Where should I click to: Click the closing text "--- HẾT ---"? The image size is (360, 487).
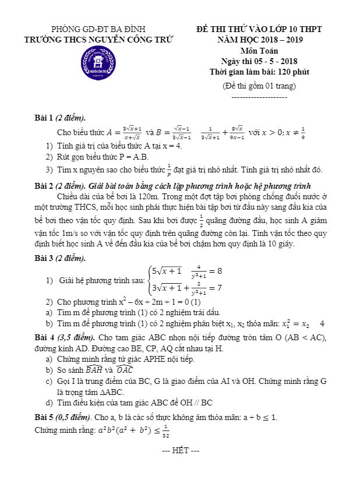[181, 451]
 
